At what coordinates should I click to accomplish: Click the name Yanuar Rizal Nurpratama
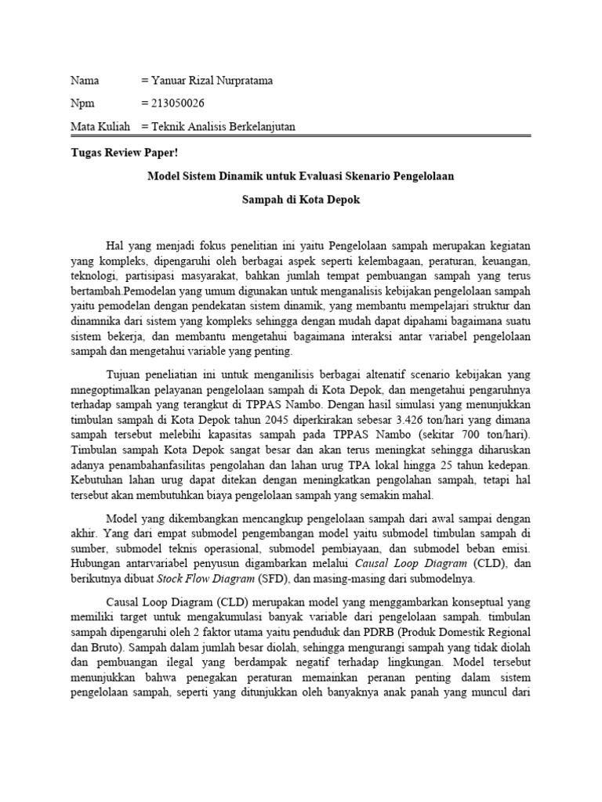click(213, 81)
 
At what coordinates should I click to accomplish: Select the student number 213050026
click(183, 103)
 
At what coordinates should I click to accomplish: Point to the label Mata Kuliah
click(100, 126)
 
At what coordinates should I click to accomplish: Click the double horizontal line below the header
click(300, 136)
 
